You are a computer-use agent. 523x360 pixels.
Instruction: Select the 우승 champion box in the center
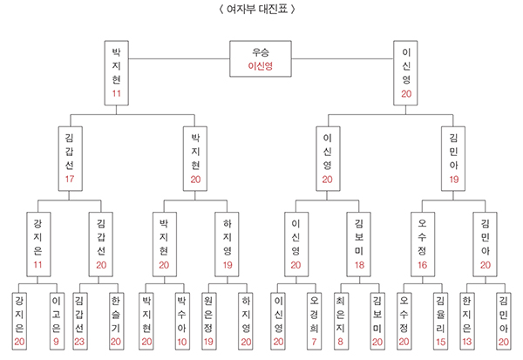pos(261,58)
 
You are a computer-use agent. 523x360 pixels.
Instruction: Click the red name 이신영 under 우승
pos(261,65)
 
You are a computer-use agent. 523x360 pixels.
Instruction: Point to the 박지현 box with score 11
pos(116,73)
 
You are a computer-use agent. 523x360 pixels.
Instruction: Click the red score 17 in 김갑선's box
pos(70,179)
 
